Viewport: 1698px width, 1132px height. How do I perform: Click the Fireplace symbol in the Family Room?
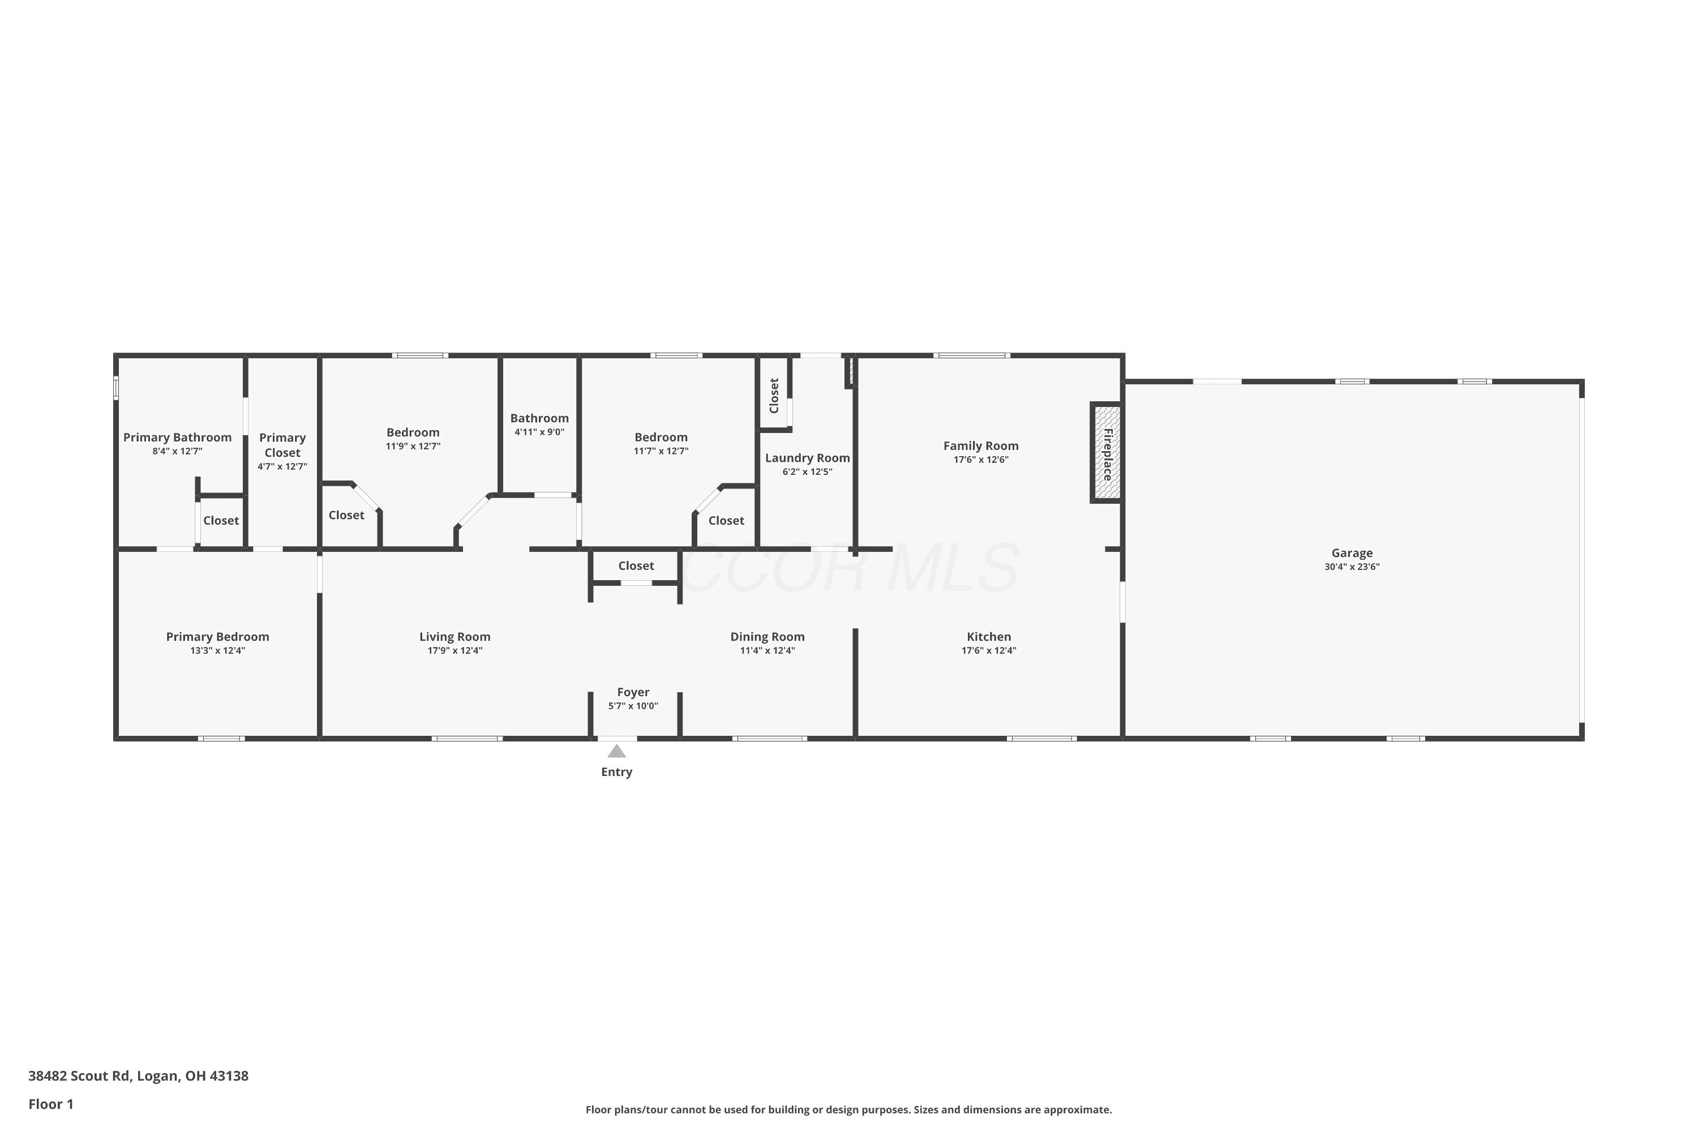pyautogui.click(x=1107, y=453)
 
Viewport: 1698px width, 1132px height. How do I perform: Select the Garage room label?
pyautogui.click(x=1352, y=553)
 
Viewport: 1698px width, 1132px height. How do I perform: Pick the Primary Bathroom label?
pyautogui.click(x=178, y=438)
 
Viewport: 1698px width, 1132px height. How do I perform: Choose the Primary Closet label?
pyautogui.click(x=282, y=445)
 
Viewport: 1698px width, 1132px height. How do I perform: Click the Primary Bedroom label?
pyautogui.click(x=217, y=637)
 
